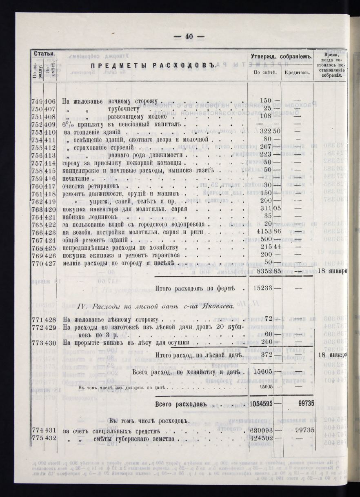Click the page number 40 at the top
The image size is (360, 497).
coord(189,36)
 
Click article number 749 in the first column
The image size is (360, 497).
coord(37,101)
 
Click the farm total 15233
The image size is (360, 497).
coord(263,288)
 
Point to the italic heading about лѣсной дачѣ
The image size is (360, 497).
coord(156,306)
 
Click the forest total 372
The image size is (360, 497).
coord(265,355)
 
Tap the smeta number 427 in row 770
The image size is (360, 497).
coord(50,262)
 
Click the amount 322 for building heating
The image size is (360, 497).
coord(266,131)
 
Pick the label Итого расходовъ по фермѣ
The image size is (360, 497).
coord(199,288)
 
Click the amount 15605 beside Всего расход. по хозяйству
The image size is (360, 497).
coord(263,373)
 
